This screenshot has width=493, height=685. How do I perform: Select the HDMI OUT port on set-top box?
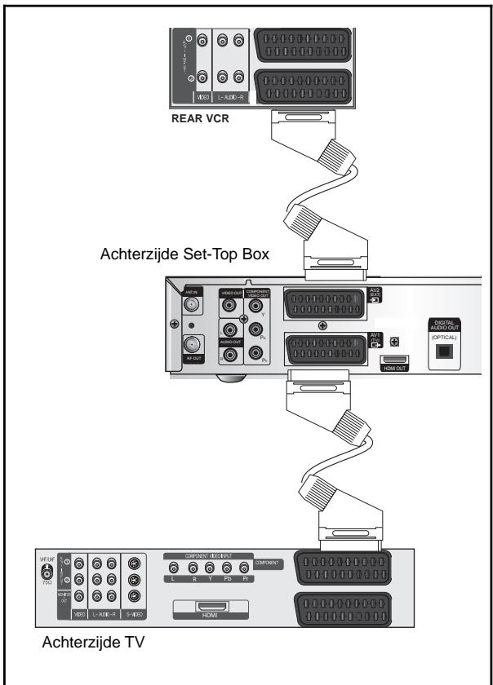click(394, 362)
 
